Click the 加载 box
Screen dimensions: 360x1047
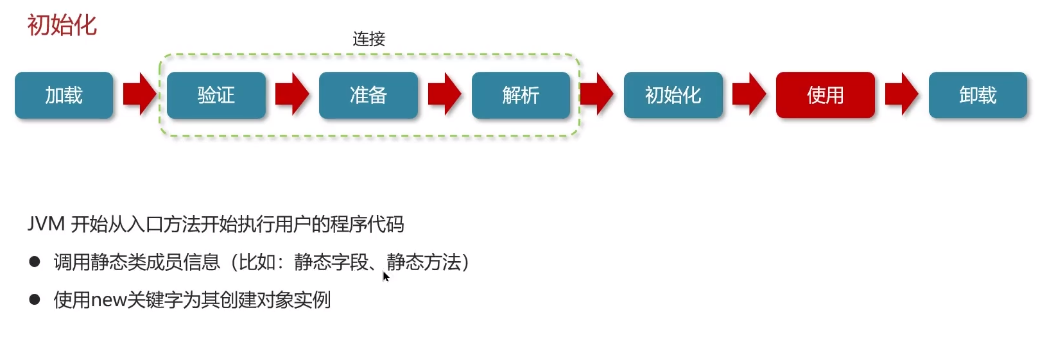[64, 95]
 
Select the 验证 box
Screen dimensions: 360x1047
[216, 95]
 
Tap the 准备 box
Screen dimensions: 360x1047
[368, 95]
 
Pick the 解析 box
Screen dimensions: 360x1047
[521, 95]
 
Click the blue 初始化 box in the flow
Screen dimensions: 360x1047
[673, 95]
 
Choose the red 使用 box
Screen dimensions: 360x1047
[825, 95]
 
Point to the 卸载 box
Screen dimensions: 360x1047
[978, 95]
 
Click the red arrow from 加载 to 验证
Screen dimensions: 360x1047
[139, 94]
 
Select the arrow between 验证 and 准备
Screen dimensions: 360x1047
[292, 94]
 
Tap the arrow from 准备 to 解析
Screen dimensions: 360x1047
[444, 94]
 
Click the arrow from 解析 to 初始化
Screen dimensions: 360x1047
[597, 94]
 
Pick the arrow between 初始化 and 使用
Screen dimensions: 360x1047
[749, 94]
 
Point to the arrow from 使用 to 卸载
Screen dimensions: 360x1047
[901, 94]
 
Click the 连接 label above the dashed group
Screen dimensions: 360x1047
[368, 39]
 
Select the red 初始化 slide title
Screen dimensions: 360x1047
[62, 26]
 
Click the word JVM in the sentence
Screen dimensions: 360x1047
[46, 224]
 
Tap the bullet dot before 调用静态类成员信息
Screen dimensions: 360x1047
[35, 261]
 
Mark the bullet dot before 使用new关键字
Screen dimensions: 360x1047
[35, 299]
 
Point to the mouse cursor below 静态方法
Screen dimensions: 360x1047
[385, 276]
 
